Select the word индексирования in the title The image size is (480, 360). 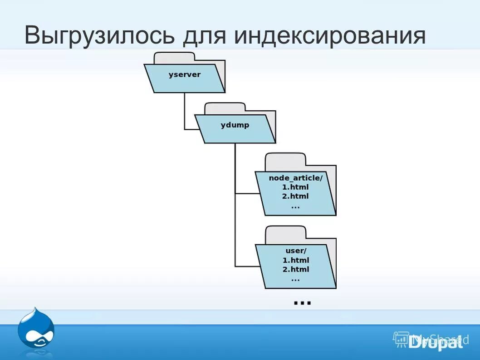tap(330, 35)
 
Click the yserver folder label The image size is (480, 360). tap(184, 74)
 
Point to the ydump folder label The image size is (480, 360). tap(235, 125)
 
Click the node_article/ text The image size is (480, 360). tap(295, 178)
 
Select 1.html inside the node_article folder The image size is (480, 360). tap(295, 187)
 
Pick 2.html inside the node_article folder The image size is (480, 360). tap(295, 196)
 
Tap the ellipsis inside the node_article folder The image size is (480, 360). tap(295, 206)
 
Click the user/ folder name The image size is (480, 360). tap(296, 251)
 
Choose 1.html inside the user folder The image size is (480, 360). tap(295, 260)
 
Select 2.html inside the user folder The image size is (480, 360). tap(295, 269)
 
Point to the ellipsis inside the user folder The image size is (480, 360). tap(295, 279)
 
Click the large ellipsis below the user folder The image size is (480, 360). tap(302, 301)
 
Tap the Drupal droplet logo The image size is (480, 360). tap(36, 328)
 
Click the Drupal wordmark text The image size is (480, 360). tap(435, 342)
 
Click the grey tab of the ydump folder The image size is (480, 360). tap(225, 108)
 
